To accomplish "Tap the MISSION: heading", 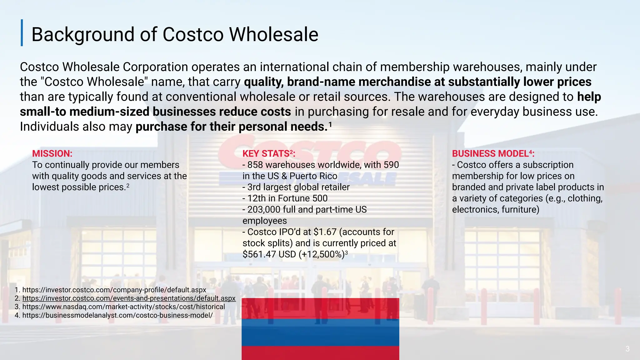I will pyautogui.click(x=52, y=153).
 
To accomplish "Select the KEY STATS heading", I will pyautogui.click(x=268, y=153).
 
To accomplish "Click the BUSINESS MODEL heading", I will pyautogui.click(x=492, y=153).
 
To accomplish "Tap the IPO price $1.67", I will pyautogui.click(x=325, y=232).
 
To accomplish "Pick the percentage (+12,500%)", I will pyautogui.click(x=321, y=254).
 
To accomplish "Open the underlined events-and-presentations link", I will pyautogui.click(x=129, y=298).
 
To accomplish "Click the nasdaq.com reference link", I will pyautogui.click(x=123, y=307).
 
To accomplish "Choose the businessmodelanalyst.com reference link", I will pyautogui.click(x=117, y=315).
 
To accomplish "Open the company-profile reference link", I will pyautogui.click(x=114, y=290).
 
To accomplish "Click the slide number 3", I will pyautogui.click(x=627, y=349).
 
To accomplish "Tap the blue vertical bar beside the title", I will pyautogui.click(x=22, y=33).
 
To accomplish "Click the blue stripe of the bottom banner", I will pyautogui.click(x=320, y=332).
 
